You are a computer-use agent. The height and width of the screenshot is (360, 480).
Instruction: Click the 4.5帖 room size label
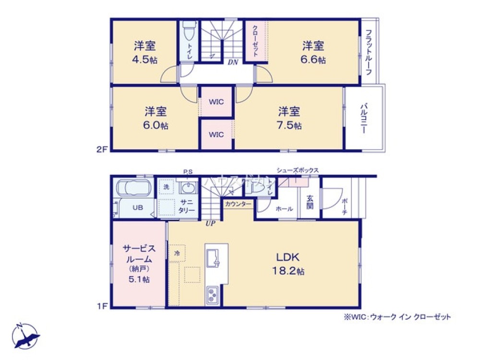coord(146,60)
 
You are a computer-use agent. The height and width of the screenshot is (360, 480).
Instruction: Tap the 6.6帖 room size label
coord(314,60)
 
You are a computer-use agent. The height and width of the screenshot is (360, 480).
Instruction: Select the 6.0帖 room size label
coord(156,125)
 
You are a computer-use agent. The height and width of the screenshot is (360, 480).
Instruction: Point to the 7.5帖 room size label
coord(289,125)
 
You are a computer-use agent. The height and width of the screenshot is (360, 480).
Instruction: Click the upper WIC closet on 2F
coord(216,102)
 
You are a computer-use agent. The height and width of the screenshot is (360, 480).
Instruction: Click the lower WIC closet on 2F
coord(216,134)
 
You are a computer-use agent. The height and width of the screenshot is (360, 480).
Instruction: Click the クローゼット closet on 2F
coord(255,41)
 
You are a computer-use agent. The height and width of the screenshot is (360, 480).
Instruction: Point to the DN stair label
coord(233,62)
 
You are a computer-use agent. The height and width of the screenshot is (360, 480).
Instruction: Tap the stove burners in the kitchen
coord(212,294)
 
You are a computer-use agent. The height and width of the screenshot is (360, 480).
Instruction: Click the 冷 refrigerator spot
coord(177,252)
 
